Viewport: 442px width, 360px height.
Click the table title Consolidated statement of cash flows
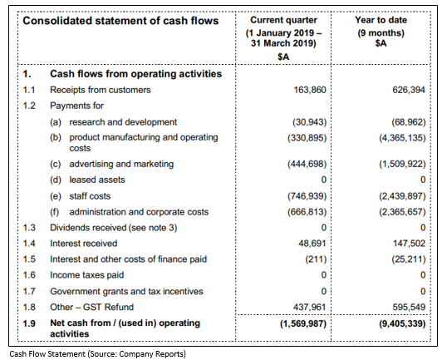tap(120, 21)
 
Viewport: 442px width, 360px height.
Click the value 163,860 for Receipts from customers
tap(310, 90)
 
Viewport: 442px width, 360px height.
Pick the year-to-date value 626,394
tap(409, 90)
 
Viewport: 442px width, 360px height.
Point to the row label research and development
tap(123, 122)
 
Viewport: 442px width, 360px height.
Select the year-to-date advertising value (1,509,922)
tap(402, 164)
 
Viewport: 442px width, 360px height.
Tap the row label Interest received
tap(83, 244)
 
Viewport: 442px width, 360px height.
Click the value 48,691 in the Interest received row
tap(312, 244)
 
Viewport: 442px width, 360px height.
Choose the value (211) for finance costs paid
tap(316, 259)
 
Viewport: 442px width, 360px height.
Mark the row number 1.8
tap(29, 307)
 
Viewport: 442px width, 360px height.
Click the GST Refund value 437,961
tap(309, 307)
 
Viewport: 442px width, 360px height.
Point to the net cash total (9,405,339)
tap(402, 323)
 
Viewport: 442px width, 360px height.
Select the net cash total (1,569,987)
tap(303, 323)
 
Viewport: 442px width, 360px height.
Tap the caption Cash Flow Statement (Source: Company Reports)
tap(98, 354)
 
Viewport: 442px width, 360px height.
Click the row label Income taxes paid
tap(86, 275)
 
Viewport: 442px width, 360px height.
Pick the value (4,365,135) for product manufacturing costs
tap(402, 138)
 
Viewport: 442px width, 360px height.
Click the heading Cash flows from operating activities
tap(136, 74)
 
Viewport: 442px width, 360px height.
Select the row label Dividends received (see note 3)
tap(114, 228)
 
